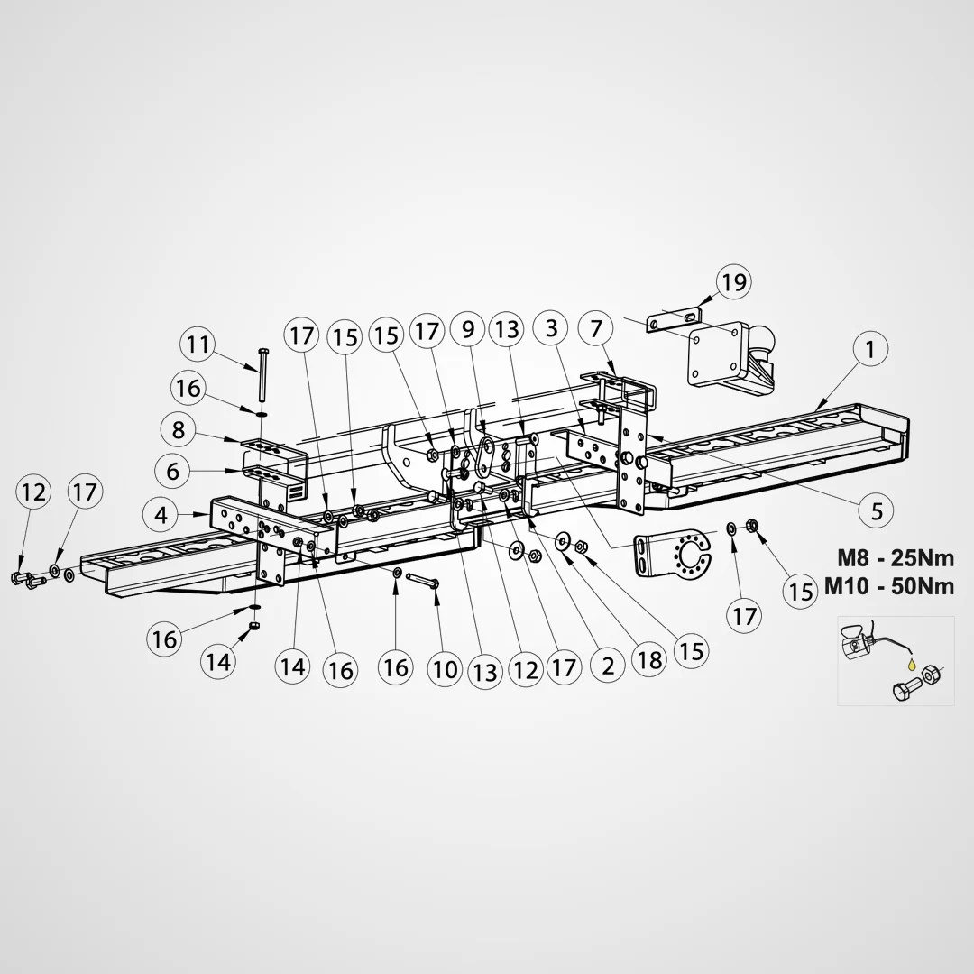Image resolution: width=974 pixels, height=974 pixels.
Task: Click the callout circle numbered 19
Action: click(x=733, y=282)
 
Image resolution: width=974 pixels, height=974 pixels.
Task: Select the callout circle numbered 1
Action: click(x=870, y=349)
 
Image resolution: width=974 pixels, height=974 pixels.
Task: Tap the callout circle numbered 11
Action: click(x=198, y=345)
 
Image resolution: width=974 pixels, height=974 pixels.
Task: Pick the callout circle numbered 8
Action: click(x=179, y=429)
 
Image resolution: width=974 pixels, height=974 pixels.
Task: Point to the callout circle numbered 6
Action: click(x=172, y=471)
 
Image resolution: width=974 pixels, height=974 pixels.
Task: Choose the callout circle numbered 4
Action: click(x=161, y=515)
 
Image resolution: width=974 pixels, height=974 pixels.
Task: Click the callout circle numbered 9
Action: click(x=468, y=328)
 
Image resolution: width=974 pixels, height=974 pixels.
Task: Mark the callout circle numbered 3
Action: click(x=552, y=328)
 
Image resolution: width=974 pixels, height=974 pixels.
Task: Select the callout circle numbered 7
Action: click(x=596, y=328)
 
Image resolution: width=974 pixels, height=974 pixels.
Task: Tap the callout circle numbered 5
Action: click(x=877, y=510)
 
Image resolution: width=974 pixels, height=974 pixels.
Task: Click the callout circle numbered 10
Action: click(x=445, y=669)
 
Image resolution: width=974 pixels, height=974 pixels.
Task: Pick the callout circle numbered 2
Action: click(x=608, y=666)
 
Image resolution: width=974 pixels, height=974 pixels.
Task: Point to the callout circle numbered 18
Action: click(x=649, y=659)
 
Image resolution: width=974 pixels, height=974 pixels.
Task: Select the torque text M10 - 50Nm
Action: click(x=889, y=586)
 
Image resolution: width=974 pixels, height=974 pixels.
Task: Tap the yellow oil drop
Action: click(x=911, y=664)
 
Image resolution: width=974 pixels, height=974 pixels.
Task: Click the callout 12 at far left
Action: click(x=33, y=492)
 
